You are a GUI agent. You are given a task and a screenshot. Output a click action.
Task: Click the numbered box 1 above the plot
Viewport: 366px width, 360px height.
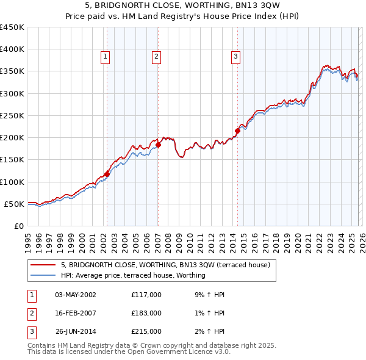pyautogui.click(x=106, y=57)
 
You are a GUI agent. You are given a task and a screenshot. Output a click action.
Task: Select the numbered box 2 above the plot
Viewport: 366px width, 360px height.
pyautogui.click(x=157, y=57)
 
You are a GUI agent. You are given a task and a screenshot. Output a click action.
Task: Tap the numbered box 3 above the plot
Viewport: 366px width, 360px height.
pyautogui.click(x=235, y=57)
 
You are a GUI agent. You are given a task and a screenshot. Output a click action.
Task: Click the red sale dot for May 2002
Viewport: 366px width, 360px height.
pyautogui.click(x=107, y=174)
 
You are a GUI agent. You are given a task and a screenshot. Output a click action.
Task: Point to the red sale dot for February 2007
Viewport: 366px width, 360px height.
pyautogui.click(x=158, y=145)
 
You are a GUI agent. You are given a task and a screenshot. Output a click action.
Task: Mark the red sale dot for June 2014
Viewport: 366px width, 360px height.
pyautogui.click(x=237, y=131)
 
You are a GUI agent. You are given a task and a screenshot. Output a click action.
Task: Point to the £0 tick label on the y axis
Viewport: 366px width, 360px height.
pyautogui.click(x=18, y=226)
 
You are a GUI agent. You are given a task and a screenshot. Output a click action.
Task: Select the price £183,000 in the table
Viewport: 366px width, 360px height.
pyautogui.click(x=146, y=313)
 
